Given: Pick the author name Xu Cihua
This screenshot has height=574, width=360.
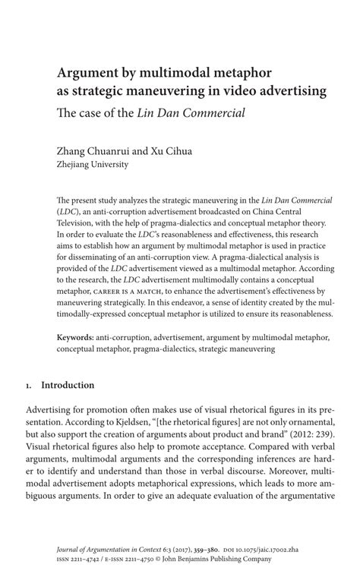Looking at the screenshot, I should click(x=172, y=150).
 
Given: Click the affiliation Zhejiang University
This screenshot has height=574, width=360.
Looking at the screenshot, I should click(x=93, y=163).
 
